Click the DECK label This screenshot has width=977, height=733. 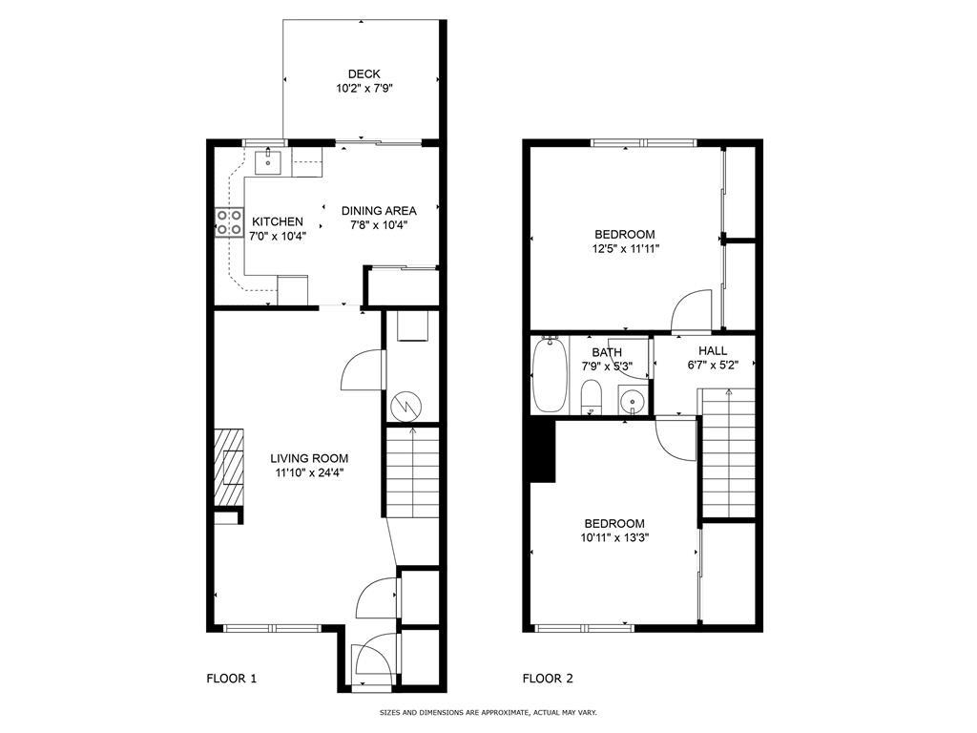click(364, 73)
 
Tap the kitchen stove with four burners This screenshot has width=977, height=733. click(229, 222)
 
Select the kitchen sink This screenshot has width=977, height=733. click(270, 161)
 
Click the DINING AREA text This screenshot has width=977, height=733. click(379, 211)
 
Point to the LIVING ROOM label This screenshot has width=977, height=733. click(310, 457)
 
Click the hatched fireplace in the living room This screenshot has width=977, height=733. click(229, 469)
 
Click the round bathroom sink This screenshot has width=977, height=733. click(631, 400)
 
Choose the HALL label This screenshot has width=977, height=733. click(713, 350)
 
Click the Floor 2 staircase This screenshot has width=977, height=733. click(729, 452)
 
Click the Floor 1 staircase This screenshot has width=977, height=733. click(412, 472)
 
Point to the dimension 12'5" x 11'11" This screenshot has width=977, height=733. click(625, 248)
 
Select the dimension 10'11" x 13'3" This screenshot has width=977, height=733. click(614, 537)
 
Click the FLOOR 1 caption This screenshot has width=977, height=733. click(232, 679)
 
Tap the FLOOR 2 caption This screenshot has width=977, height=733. click(548, 679)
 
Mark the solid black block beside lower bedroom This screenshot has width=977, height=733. click(543, 452)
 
